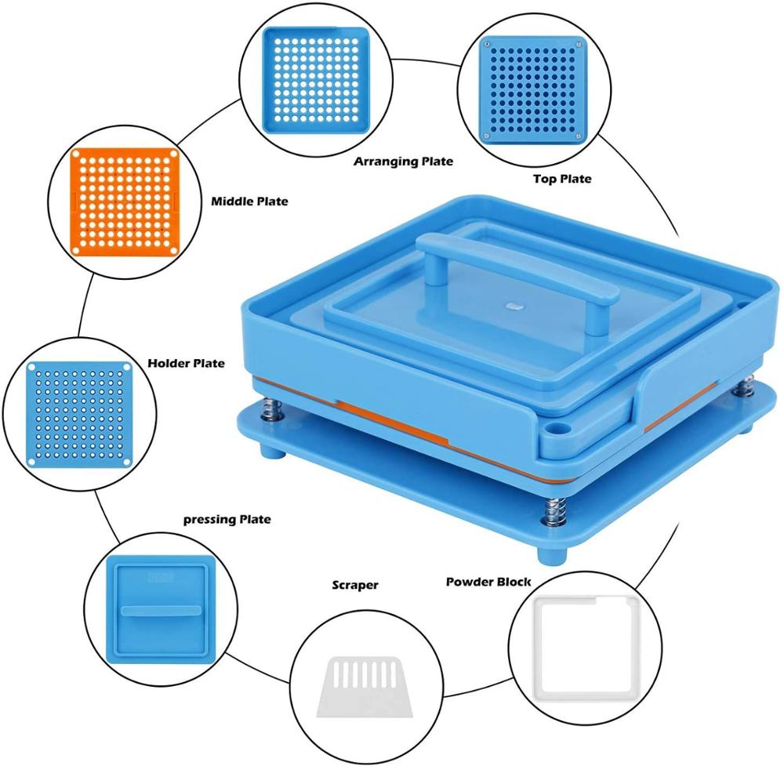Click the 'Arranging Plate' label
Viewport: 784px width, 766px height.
pos(403,162)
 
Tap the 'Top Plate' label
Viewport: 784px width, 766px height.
pos(562,179)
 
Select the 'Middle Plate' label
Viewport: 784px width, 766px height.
pos(249,201)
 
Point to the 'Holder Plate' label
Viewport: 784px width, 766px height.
pos(186,363)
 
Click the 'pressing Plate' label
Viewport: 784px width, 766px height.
pos(227,520)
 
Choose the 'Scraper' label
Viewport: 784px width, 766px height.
pos(355,585)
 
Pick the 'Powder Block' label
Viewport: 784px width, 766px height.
pos(488,582)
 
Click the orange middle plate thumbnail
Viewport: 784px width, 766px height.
pos(125,201)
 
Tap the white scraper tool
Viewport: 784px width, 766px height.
pos(365,687)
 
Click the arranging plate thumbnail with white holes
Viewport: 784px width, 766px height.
pos(317,80)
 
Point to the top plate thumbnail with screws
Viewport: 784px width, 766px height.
pos(533,90)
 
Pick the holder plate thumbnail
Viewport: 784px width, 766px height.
pos(79,415)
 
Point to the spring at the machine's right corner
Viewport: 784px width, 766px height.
pos(746,386)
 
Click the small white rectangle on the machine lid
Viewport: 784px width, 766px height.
pos(514,304)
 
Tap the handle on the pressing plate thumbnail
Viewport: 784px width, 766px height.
pos(161,611)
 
